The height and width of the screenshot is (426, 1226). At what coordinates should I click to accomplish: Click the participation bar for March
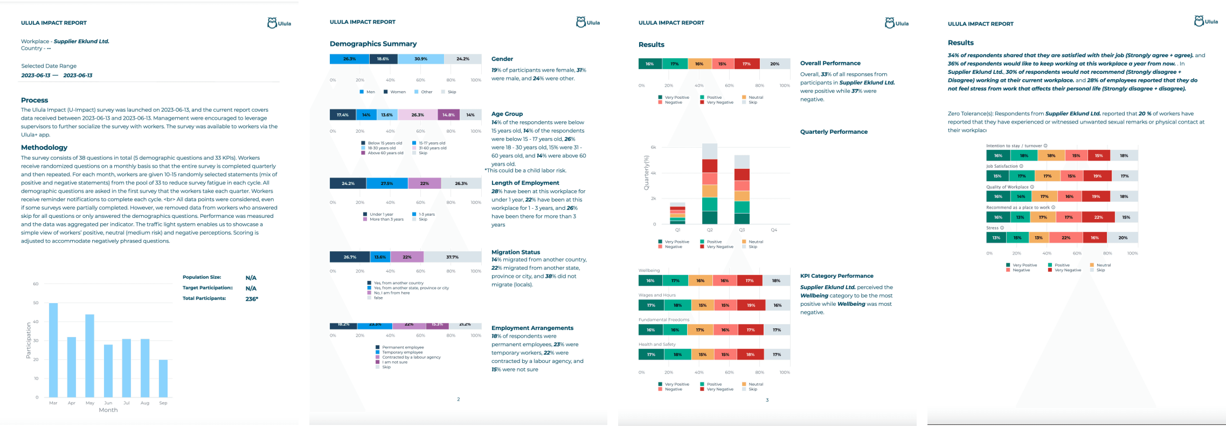(53, 350)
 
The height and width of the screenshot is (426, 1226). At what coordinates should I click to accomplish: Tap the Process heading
(34, 100)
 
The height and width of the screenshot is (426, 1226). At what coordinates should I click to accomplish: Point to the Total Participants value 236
(251, 299)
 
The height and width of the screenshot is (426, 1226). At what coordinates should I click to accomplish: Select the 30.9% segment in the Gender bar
(421, 59)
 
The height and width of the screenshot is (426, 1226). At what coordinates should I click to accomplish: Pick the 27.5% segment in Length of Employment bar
(387, 183)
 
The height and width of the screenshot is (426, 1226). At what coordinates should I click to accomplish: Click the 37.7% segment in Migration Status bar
(452, 257)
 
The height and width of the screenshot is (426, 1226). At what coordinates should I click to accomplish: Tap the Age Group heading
(507, 114)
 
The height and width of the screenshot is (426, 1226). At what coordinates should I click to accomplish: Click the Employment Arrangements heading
(532, 328)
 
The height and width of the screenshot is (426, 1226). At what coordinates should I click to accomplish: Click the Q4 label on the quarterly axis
(774, 230)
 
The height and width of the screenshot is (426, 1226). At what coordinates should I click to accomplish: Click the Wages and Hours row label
(657, 295)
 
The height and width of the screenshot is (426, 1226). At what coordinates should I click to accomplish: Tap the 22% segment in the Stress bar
(1066, 238)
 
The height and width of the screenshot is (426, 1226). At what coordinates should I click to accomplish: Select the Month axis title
(108, 410)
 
